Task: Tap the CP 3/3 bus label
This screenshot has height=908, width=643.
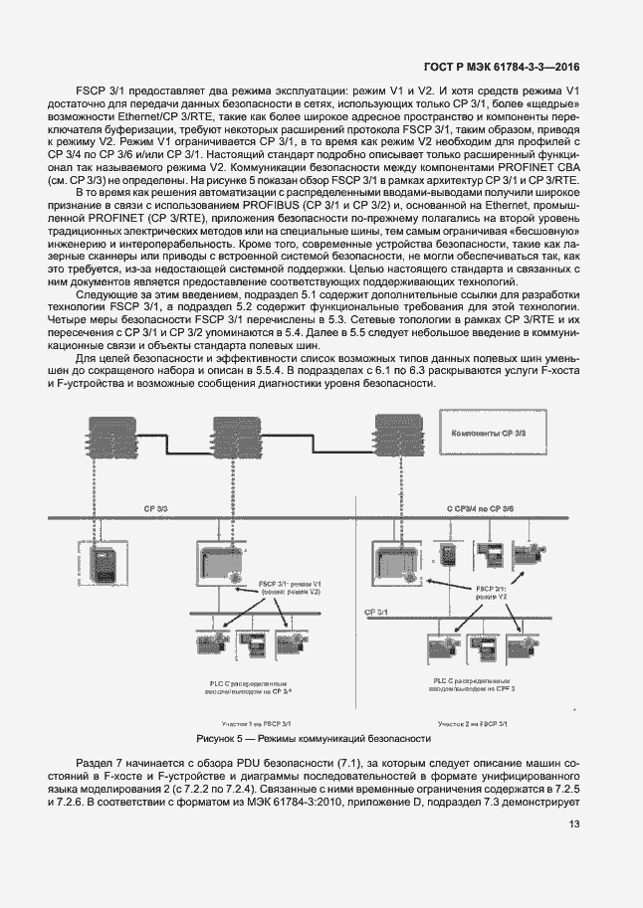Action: [x=157, y=508]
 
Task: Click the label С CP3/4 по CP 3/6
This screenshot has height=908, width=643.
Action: [x=480, y=508]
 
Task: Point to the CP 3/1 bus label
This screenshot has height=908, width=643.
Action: [x=377, y=614]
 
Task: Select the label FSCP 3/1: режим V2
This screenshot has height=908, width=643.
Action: [x=492, y=593]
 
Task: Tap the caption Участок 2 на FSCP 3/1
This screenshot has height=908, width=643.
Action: [x=473, y=725]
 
